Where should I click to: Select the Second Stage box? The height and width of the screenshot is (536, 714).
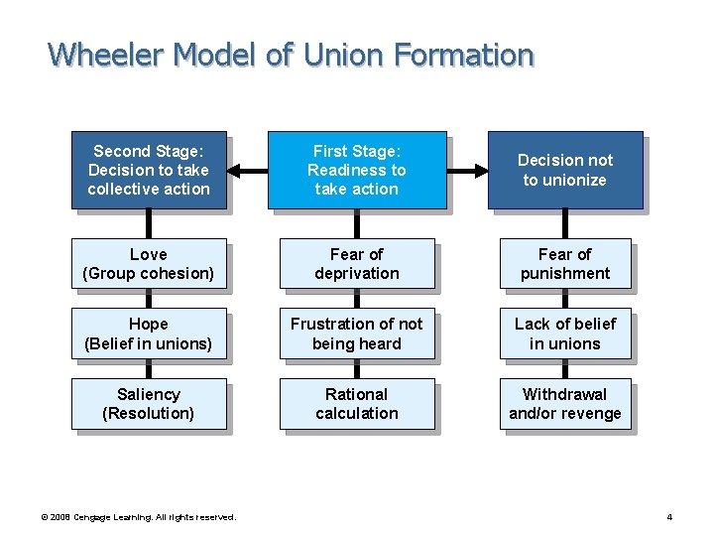pos(149,170)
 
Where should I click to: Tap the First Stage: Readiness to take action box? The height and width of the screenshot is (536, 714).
pos(357,170)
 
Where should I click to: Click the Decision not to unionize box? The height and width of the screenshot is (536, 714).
pos(565,170)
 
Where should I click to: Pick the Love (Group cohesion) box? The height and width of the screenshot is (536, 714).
pos(149,264)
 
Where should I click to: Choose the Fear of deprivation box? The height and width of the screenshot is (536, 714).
pos(357,264)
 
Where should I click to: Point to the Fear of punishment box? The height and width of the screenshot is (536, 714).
pos(565,264)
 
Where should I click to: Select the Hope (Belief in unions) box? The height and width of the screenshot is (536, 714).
pos(149,334)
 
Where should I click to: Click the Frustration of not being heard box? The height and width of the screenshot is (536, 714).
pos(357,334)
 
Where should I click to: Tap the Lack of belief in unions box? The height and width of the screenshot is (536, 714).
pos(565,334)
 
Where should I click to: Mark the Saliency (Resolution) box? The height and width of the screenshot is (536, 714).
pos(149,404)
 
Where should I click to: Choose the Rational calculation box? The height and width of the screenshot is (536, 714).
pos(357,404)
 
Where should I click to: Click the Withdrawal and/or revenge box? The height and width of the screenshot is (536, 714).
pos(565,404)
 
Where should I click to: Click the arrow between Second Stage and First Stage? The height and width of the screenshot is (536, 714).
pos(247,171)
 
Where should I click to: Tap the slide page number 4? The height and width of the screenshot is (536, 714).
pos(669,517)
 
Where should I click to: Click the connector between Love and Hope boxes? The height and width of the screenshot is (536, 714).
pos(149,299)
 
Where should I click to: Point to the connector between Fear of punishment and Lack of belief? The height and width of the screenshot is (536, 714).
pos(565,299)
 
